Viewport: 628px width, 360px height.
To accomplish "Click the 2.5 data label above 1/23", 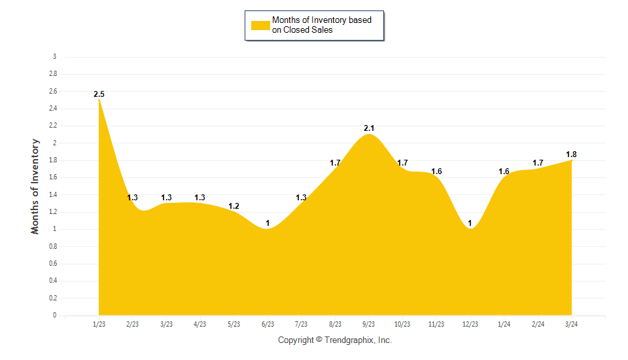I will coord(99,94).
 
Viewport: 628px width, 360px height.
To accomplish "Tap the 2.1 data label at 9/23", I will coord(369,128).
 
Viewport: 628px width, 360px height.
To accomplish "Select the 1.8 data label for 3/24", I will coord(571,154).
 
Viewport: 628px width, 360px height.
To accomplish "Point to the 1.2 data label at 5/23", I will coord(234,206).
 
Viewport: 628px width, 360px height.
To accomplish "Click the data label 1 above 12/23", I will coord(470,223).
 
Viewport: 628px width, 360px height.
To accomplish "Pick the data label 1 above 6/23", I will coord(268,223).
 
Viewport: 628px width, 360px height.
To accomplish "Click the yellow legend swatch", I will coord(260,25).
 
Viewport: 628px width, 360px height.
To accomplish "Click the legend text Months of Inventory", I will coord(321,20).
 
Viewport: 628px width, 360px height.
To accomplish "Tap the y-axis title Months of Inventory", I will coord(36,187).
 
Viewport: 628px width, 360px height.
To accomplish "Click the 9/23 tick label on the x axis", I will coord(369,324).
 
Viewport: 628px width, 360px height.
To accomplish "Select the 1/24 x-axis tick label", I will coord(504,324).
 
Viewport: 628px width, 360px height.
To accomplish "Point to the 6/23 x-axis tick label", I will coord(268,324).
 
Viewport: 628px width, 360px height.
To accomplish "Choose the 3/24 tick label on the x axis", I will coord(571,324).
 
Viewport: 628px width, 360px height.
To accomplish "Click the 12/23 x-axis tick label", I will coord(470,324).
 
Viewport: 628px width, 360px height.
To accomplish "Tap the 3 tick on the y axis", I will coord(54,57).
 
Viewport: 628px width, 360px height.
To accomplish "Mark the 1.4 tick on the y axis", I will coord(52,194).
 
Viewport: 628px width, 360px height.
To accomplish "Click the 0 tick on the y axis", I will coord(54,315).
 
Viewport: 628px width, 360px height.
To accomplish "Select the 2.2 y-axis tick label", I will coord(52,126).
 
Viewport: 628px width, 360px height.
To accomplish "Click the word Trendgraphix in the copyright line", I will coord(350,340).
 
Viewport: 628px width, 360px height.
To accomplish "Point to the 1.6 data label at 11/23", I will coord(436,171).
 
